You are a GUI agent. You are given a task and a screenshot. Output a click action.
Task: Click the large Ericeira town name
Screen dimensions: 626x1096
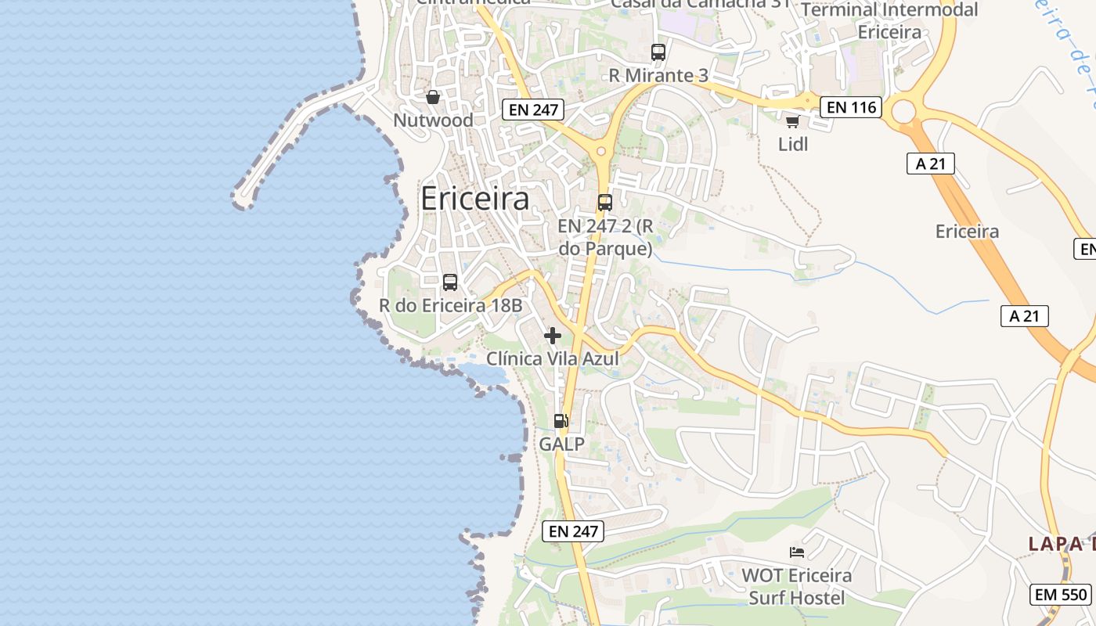point(474,199)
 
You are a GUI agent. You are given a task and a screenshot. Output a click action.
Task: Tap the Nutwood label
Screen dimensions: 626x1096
point(433,121)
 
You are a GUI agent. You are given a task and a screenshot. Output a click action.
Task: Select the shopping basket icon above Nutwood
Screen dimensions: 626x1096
point(432,97)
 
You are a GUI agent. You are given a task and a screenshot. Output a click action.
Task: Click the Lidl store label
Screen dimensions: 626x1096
point(793,144)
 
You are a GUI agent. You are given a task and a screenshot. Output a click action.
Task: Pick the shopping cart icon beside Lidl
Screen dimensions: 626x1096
point(792,121)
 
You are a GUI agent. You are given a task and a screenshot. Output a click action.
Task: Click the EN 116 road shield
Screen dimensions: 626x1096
point(851,107)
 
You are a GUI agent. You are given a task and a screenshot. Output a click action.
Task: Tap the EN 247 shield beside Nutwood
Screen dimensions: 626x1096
point(533,110)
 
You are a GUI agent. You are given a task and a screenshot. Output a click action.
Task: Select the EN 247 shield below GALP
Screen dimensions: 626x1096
point(573,531)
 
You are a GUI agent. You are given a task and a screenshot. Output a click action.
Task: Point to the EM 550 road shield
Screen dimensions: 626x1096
point(1061,594)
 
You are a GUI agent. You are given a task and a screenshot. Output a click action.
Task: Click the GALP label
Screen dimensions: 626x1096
point(561,444)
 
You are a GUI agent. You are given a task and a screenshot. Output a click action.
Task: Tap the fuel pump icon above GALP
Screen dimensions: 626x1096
point(561,421)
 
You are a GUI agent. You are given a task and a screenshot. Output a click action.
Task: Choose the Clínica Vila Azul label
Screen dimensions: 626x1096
point(553,358)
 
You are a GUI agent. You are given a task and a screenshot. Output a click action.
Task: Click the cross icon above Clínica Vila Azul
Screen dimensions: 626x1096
point(553,336)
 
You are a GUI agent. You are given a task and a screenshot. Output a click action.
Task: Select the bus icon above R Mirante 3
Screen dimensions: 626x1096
point(658,52)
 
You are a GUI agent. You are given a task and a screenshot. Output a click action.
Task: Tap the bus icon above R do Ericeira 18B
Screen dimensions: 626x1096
point(450,282)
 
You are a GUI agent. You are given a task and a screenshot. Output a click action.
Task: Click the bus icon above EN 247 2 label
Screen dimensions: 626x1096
point(605,203)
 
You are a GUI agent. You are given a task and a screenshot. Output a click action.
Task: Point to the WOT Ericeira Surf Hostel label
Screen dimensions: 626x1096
point(796,587)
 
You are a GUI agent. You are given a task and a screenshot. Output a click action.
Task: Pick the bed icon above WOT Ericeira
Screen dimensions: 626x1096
point(797,552)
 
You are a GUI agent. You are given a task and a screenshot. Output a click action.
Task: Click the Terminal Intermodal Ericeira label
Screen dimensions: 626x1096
point(889,21)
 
